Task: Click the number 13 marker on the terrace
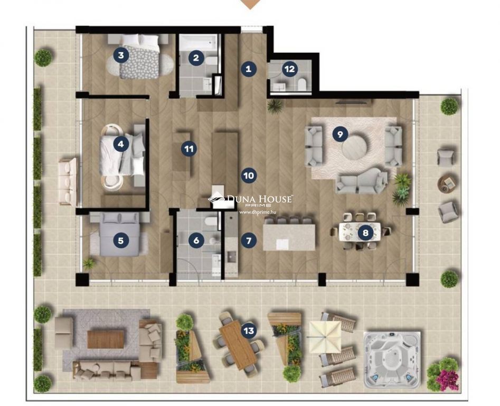249,330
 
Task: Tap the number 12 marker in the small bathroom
289,69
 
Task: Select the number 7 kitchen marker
249,241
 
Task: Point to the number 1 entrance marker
249,69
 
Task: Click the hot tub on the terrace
392,359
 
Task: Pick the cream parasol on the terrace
324,337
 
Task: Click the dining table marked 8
360,232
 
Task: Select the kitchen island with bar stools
289,237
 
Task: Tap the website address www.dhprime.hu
258,211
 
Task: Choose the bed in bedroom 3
139,56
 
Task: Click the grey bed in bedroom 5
120,235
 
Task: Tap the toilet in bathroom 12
301,85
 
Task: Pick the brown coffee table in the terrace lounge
105,339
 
